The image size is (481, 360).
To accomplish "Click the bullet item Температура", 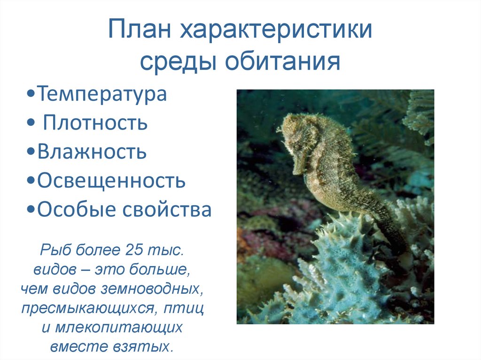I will [x=102, y=94].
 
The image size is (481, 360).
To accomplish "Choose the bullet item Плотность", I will [x=95, y=123].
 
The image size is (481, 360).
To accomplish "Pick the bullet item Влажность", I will [x=92, y=152].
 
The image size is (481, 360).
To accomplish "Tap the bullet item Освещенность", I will [x=111, y=181].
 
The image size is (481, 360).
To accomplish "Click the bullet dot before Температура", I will [x=31, y=95].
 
